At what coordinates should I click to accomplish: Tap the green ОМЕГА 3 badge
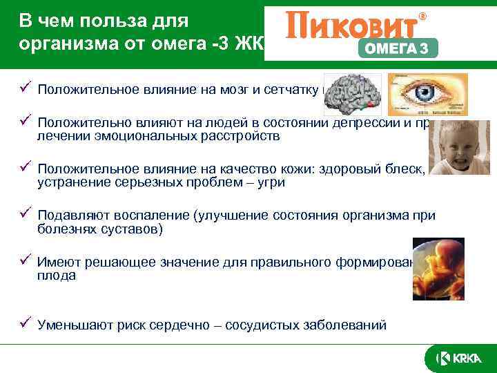pos(398,48)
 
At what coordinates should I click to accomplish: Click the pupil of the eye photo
pos(416,93)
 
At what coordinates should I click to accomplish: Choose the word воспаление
pos(144,216)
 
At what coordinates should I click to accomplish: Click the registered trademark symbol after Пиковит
pos(423,15)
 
